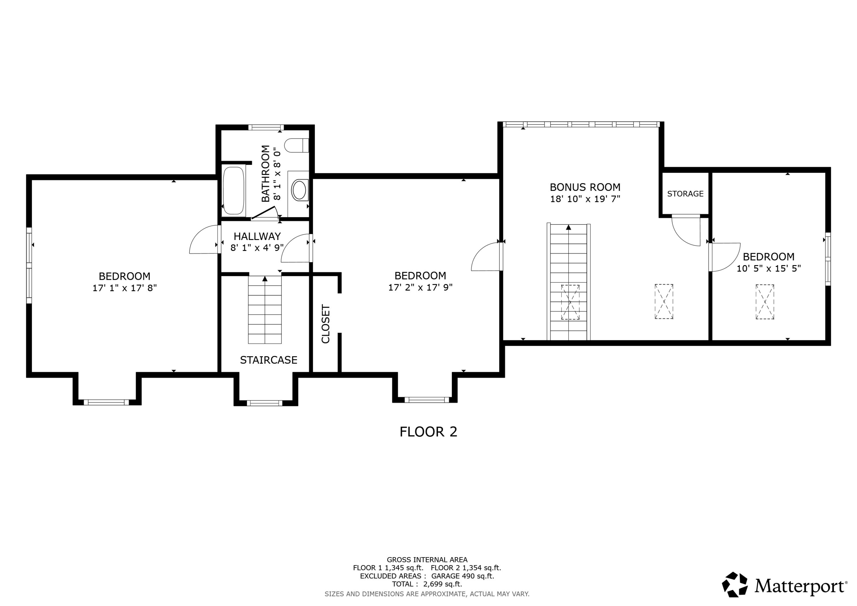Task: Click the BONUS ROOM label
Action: coord(585,187)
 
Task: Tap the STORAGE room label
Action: coord(685,194)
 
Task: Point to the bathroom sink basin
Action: coord(299,190)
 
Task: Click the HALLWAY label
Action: coord(257,236)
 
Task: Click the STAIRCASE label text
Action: coord(268,360)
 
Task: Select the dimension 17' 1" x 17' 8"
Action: coord(125,288)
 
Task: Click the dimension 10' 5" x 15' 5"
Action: coord(768,269)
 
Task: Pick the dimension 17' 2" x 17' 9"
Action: coord(420,287)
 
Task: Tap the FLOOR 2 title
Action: coord(428,432)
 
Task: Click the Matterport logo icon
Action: coord(734,585)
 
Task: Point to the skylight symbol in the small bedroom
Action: coord(765,302)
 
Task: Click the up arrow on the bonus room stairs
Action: coord(568,227)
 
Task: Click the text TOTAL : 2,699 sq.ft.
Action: coord(427,584)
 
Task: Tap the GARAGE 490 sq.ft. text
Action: coord(462,576)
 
